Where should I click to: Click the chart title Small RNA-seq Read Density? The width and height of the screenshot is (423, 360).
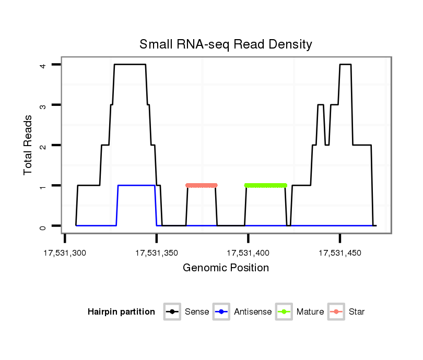click(x=226, y=44)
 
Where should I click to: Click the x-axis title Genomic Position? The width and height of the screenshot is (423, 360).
click(x=226, y=268)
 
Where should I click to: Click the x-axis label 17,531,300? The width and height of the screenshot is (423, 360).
click(x=65, y=253)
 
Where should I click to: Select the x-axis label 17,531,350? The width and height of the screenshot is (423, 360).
click(x=157, y=253)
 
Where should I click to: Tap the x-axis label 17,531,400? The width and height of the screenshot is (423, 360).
click(x=248, y=253)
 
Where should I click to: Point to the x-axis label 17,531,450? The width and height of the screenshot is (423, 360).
click(x=340, y=253)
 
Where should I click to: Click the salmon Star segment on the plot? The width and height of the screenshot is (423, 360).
click(x=201, y=185)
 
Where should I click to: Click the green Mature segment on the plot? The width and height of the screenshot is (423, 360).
click(x=266, y=185)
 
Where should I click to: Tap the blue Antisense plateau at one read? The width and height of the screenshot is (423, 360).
click(x=136, y=185)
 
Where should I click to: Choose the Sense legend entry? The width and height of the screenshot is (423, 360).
click(x=196, y=312)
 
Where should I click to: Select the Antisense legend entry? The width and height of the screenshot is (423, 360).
click(x=252, y=312)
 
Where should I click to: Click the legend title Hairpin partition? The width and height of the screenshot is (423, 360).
click(x=121, y=312)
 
